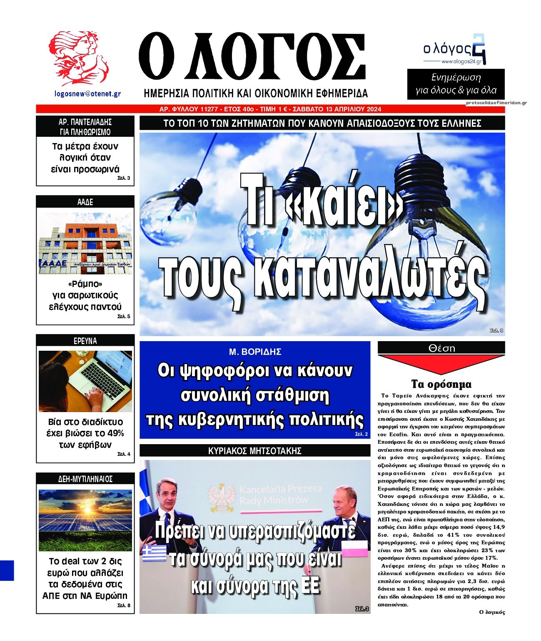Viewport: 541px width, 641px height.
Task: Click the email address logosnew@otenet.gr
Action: [88, 94]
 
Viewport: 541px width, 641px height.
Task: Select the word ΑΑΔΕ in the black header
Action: [85, 202]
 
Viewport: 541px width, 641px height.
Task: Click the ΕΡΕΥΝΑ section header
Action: [85, 341]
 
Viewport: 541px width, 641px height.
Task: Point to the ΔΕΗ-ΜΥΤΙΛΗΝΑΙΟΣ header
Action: [85, 479]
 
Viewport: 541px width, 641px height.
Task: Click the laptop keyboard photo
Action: [85, 381]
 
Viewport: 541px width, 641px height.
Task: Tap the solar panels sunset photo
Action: [85, 520]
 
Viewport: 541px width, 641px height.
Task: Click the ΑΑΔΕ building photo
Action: [85, 244]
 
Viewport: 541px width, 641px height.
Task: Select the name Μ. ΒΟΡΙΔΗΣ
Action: [255, 352]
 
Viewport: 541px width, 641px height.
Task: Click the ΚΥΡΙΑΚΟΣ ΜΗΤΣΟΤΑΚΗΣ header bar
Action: [255, 450]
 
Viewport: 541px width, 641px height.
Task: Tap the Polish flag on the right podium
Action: [354, 546]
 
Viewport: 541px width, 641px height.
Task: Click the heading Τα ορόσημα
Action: [441, 384]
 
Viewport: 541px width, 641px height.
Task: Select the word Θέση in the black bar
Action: [441, 348]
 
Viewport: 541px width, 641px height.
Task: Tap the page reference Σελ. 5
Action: [124, 317]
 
